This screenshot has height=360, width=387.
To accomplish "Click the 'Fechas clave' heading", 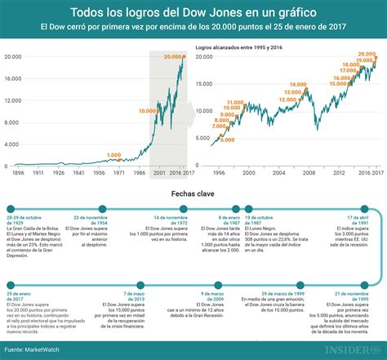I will pyautogui.click(x=193, y=193).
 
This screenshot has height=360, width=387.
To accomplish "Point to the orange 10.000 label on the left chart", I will pyautogui.click(x=149, y=110).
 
